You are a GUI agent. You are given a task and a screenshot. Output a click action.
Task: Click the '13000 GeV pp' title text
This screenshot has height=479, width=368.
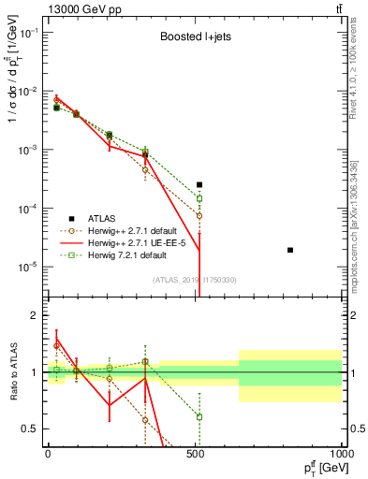[x=81, y=8]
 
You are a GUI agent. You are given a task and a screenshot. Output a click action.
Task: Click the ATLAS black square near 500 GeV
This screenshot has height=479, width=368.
[x=199, y=185]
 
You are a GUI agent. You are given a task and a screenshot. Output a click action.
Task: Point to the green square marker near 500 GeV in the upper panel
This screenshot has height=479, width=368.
[x=199, y=198]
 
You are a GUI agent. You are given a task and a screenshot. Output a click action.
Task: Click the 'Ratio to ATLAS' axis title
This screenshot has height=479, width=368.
[x=12, y=373]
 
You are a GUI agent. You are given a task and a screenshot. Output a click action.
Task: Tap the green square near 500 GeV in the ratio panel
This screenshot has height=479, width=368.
[x=199, y=416]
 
